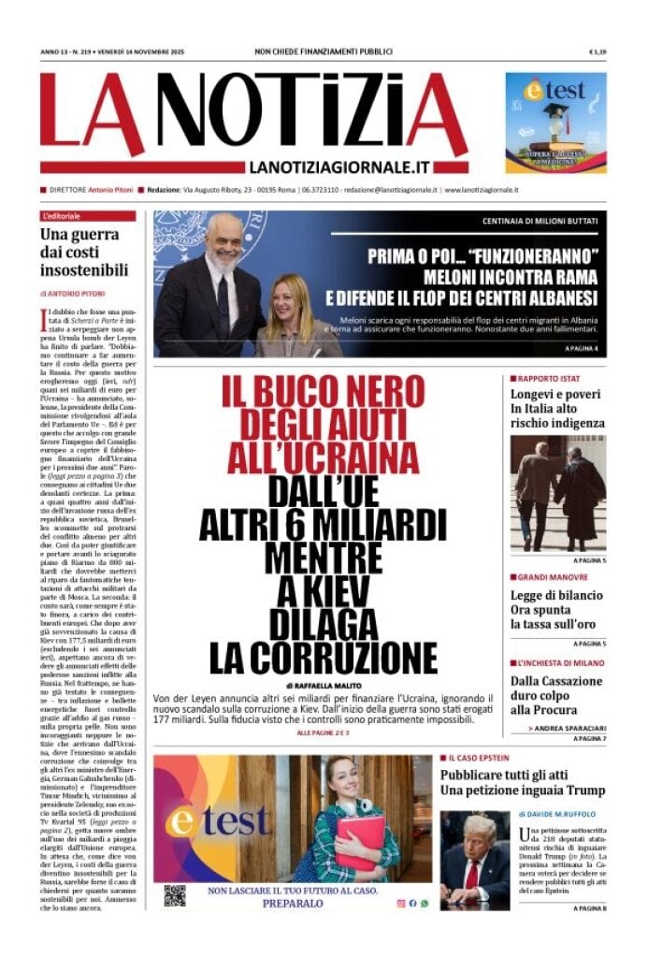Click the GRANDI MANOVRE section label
552,577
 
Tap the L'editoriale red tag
62,216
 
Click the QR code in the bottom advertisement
175,895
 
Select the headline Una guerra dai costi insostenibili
84,253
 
